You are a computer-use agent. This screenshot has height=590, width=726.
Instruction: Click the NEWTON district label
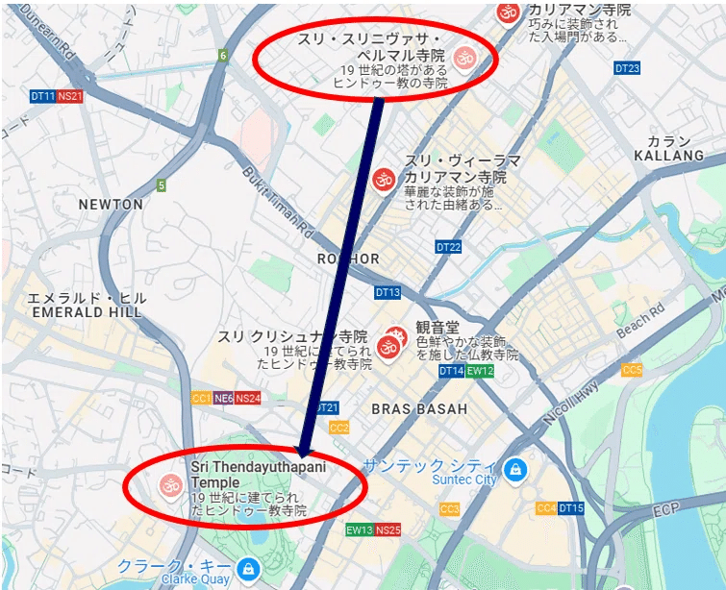click(x=111, y=205)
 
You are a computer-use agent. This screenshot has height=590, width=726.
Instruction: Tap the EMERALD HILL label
click(x=87, y=312)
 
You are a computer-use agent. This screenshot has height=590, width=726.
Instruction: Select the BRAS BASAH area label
click(x=419, y=409)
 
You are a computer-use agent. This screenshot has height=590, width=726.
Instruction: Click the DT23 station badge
click(x=627, y=68)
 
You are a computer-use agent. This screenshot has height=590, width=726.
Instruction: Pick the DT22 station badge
click(x=448, y=247)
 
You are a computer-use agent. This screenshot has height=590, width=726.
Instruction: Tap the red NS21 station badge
click(x=70, y=96)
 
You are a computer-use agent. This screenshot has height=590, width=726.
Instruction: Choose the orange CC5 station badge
click(x=632, y=370)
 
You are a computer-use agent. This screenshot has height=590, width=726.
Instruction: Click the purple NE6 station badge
click(x=223, y=398)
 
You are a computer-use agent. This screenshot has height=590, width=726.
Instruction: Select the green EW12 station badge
click(x=480, y=371)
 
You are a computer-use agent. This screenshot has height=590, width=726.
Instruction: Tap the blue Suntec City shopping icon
click(x=516, y=469)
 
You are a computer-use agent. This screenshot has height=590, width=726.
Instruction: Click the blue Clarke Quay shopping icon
click(x=248, y=569)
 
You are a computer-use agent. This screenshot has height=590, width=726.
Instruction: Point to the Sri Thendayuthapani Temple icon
click(x=170, y=484)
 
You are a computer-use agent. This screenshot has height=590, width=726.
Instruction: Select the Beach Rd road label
click(x=639, y=323)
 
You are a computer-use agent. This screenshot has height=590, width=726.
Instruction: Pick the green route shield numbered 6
click(x=223, y=56)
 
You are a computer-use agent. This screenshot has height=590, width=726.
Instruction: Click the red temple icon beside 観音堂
click(x=389, y=341)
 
